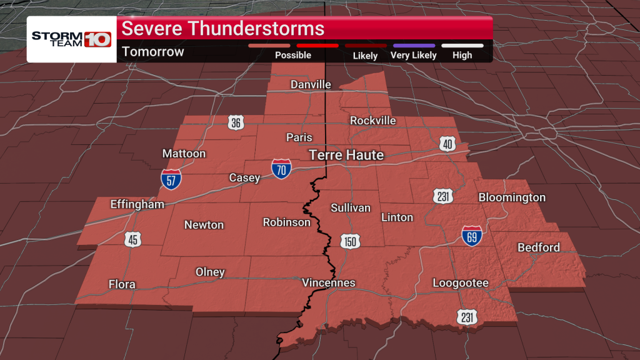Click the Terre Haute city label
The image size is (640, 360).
[x=346, y=155]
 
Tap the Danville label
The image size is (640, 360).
[x=311, y=84]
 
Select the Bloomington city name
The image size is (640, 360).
[x=512, y=197]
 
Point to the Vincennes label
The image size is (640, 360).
[x=328, y=283]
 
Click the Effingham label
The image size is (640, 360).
[x=137, y=204]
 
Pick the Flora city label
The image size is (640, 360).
[x=122, y=284]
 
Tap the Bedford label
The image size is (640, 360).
[x=538, y=247]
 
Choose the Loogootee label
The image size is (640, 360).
[x=461, y=283]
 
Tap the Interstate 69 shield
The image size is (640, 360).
[x=472, y=235]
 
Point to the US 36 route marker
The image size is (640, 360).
[x=236, y=122]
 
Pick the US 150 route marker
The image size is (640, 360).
[x=349, y=241]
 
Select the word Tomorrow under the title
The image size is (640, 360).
[x=153, y=52]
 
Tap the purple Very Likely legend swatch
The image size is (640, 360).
[x=413, y=46]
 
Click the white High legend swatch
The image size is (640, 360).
[x=462, y=46]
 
